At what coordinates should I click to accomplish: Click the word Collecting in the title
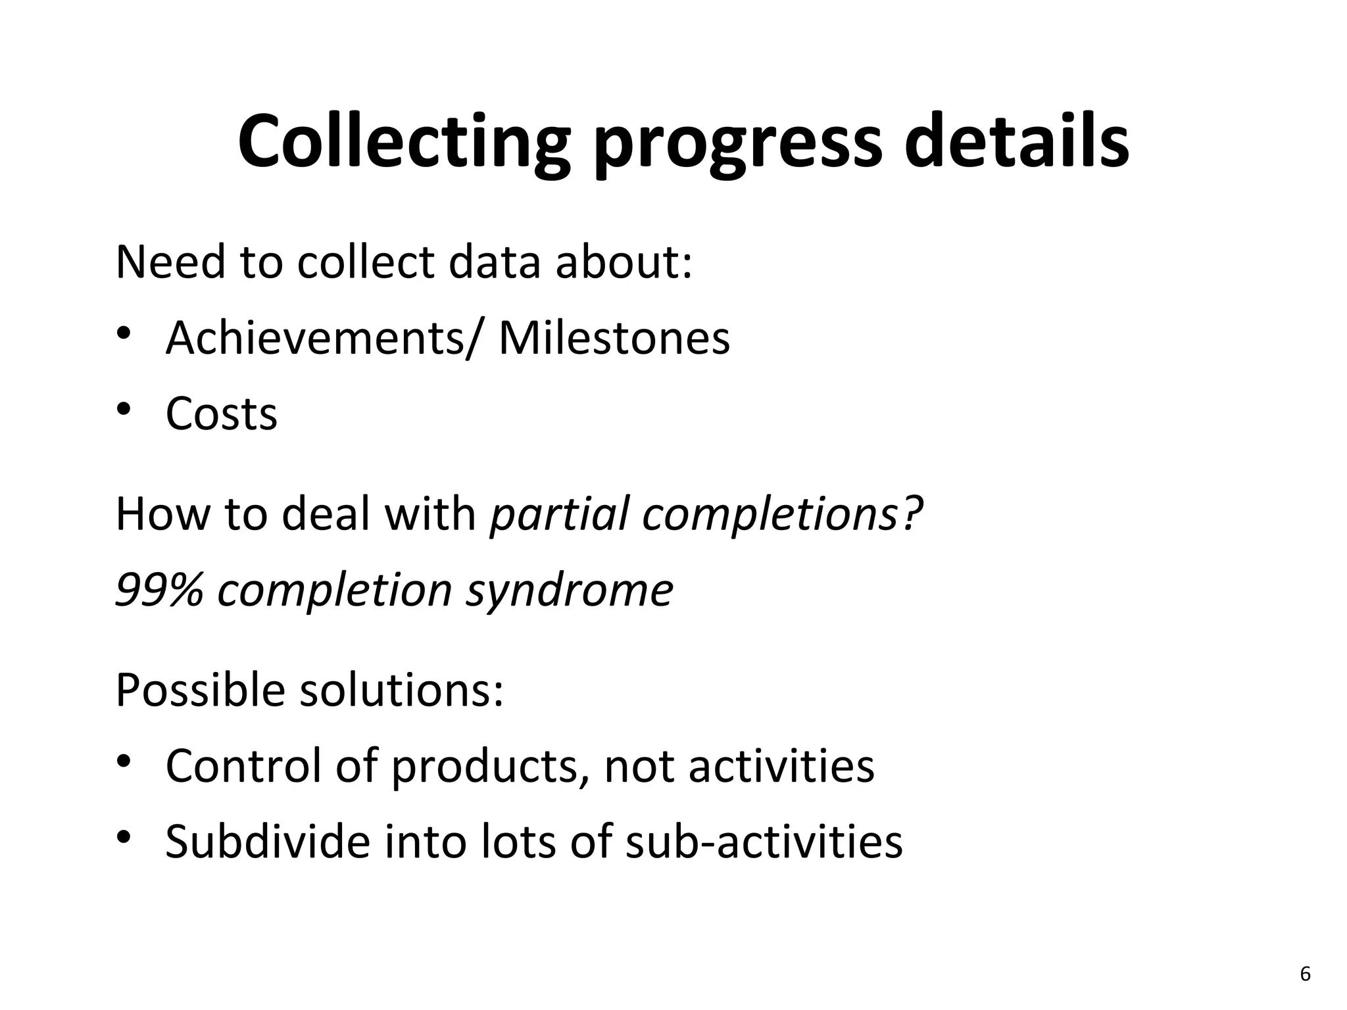403,142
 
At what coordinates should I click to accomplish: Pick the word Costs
221,414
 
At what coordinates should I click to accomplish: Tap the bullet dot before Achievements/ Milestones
124,334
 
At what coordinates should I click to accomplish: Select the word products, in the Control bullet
490,768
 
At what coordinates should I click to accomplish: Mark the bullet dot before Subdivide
124,838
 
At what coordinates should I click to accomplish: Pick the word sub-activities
764,842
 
